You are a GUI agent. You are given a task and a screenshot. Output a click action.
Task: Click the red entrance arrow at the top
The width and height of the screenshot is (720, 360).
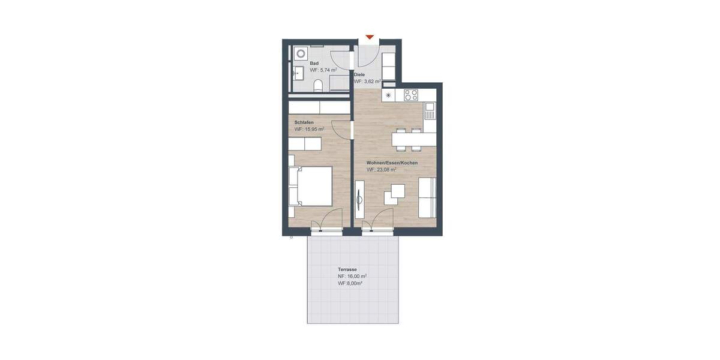coord(370,37)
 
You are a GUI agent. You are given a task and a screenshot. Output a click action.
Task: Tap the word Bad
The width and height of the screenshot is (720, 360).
coord(314,63)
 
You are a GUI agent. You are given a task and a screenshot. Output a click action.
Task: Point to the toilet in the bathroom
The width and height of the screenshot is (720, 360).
coord(320,85)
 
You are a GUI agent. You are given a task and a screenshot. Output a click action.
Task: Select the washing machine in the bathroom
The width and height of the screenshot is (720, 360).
coord(299,53)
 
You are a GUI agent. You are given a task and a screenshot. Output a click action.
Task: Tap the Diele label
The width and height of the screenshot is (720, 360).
coord(359,74)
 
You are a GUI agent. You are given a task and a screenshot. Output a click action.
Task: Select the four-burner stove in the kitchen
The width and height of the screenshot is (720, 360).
coord(411,95)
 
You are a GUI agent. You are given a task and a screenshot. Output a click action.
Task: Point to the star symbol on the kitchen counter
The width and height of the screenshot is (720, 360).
coord(388,95)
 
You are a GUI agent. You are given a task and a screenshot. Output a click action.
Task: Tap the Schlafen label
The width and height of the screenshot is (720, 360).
coord(303,122)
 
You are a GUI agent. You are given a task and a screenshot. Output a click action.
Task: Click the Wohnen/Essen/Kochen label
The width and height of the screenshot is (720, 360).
coord(392,163)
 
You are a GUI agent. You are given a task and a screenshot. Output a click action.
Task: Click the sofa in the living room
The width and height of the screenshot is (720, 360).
coord(427,198)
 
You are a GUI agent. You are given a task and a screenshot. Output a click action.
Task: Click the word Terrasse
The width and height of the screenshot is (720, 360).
coord(347,270)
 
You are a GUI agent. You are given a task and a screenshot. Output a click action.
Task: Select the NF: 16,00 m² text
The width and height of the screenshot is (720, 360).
coord(352,277)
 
